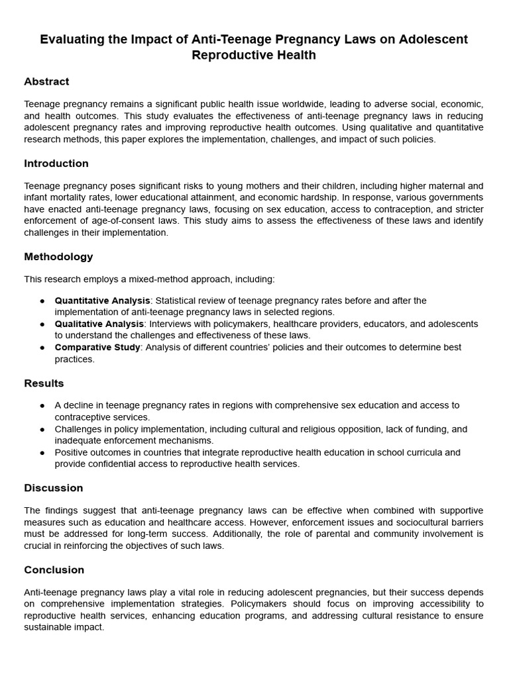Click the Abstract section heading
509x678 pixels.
pyautogui.click(x=46, y=81)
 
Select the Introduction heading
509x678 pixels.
pyautogui.click(x=56, y=164)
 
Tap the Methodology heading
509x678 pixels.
pyautogui.click(x=58, y=257)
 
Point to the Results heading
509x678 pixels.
pyautogui.click(x=44, y=383)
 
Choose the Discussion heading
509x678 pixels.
pyautogui.click(x=54, y=488)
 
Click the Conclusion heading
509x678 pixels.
pyautogui.click(x=54, y=570)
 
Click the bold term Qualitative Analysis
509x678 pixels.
pyautogui.click(x=99, y=324)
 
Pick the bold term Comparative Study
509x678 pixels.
pyautogui.click(x=97, y=348)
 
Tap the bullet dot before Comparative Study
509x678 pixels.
pyautogui.click(x=42, y=348)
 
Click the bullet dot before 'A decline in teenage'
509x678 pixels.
pyautogui.click(x=42, y=405)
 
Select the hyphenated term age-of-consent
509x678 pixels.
pyautogui.click(x=114, y=220)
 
